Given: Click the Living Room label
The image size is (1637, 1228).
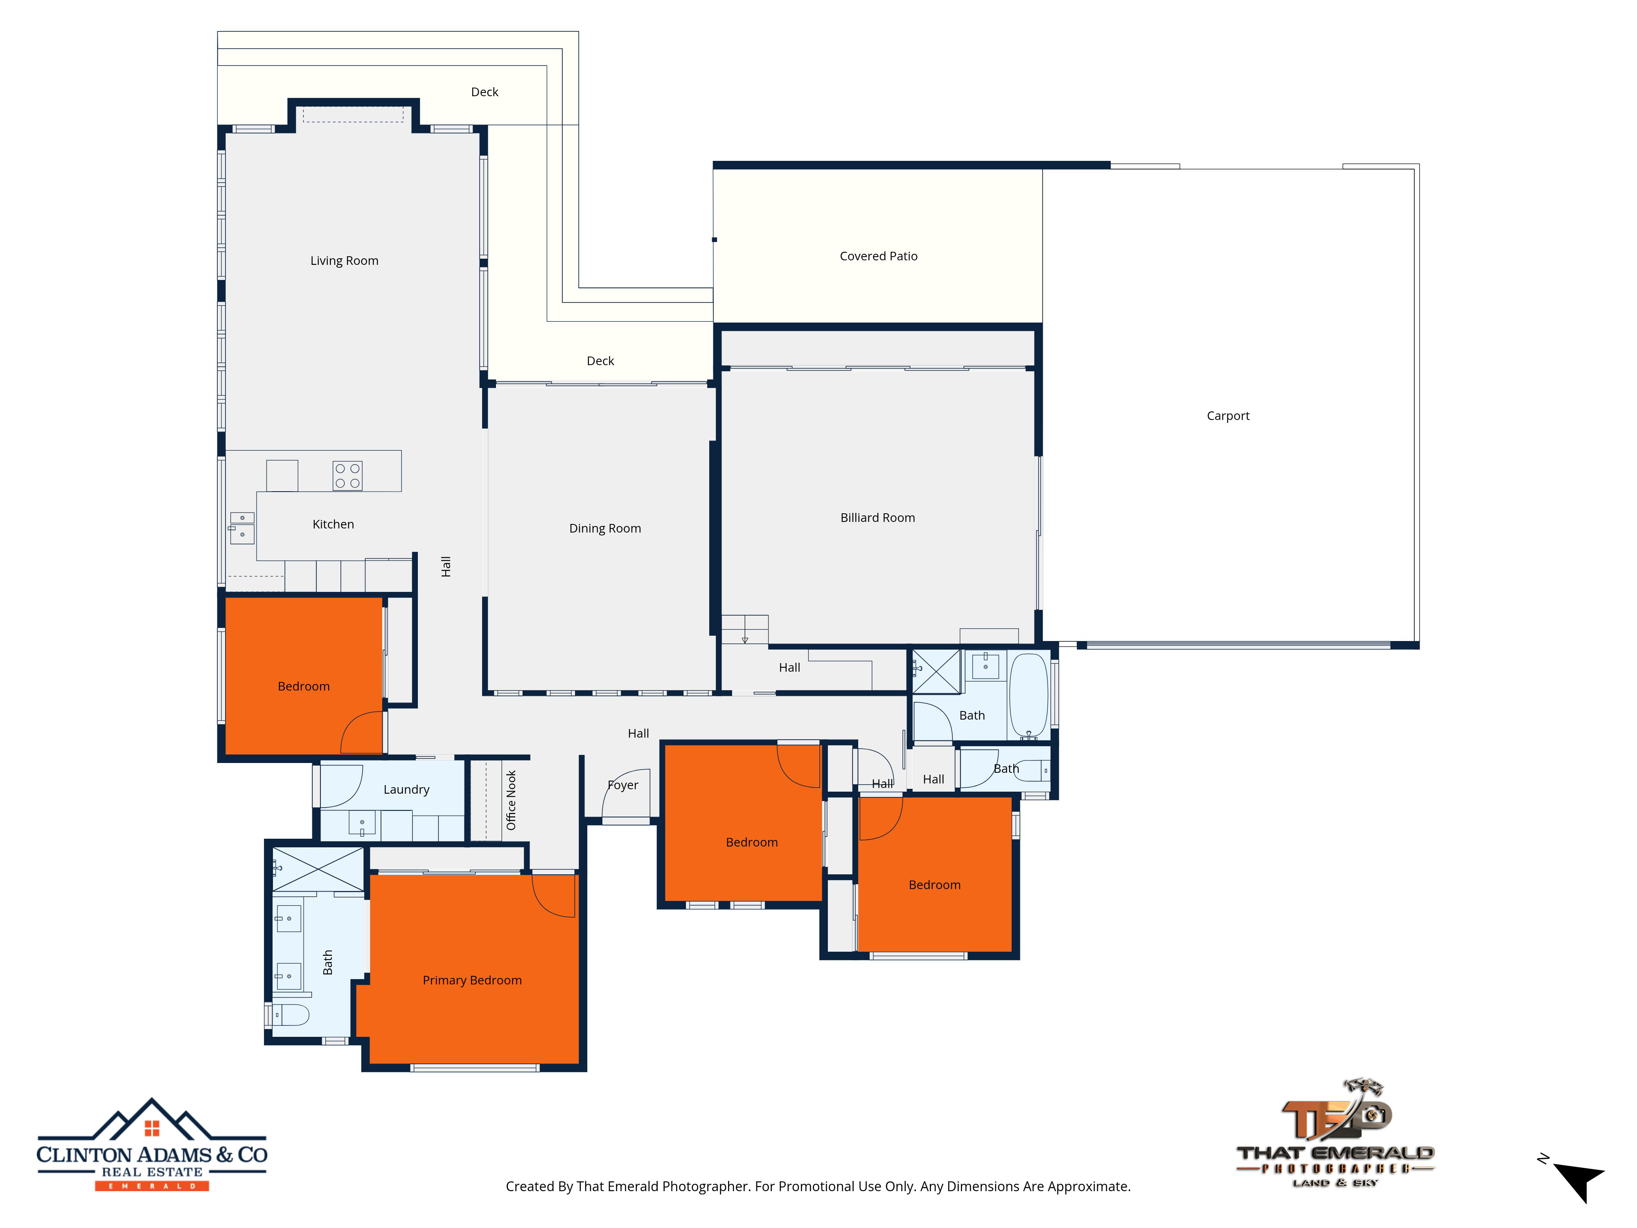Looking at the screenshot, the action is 344,261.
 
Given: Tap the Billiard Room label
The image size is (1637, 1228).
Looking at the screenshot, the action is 878,517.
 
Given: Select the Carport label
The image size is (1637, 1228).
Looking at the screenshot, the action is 1228,416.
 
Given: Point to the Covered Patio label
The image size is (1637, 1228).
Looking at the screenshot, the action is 878,256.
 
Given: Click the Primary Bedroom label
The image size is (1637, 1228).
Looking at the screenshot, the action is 472,980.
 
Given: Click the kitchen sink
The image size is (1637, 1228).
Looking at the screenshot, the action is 242,528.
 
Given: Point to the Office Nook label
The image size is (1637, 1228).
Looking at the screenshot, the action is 511,800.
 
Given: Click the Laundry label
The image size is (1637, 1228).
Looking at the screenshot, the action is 406,790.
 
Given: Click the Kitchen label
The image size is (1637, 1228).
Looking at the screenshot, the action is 333,524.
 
